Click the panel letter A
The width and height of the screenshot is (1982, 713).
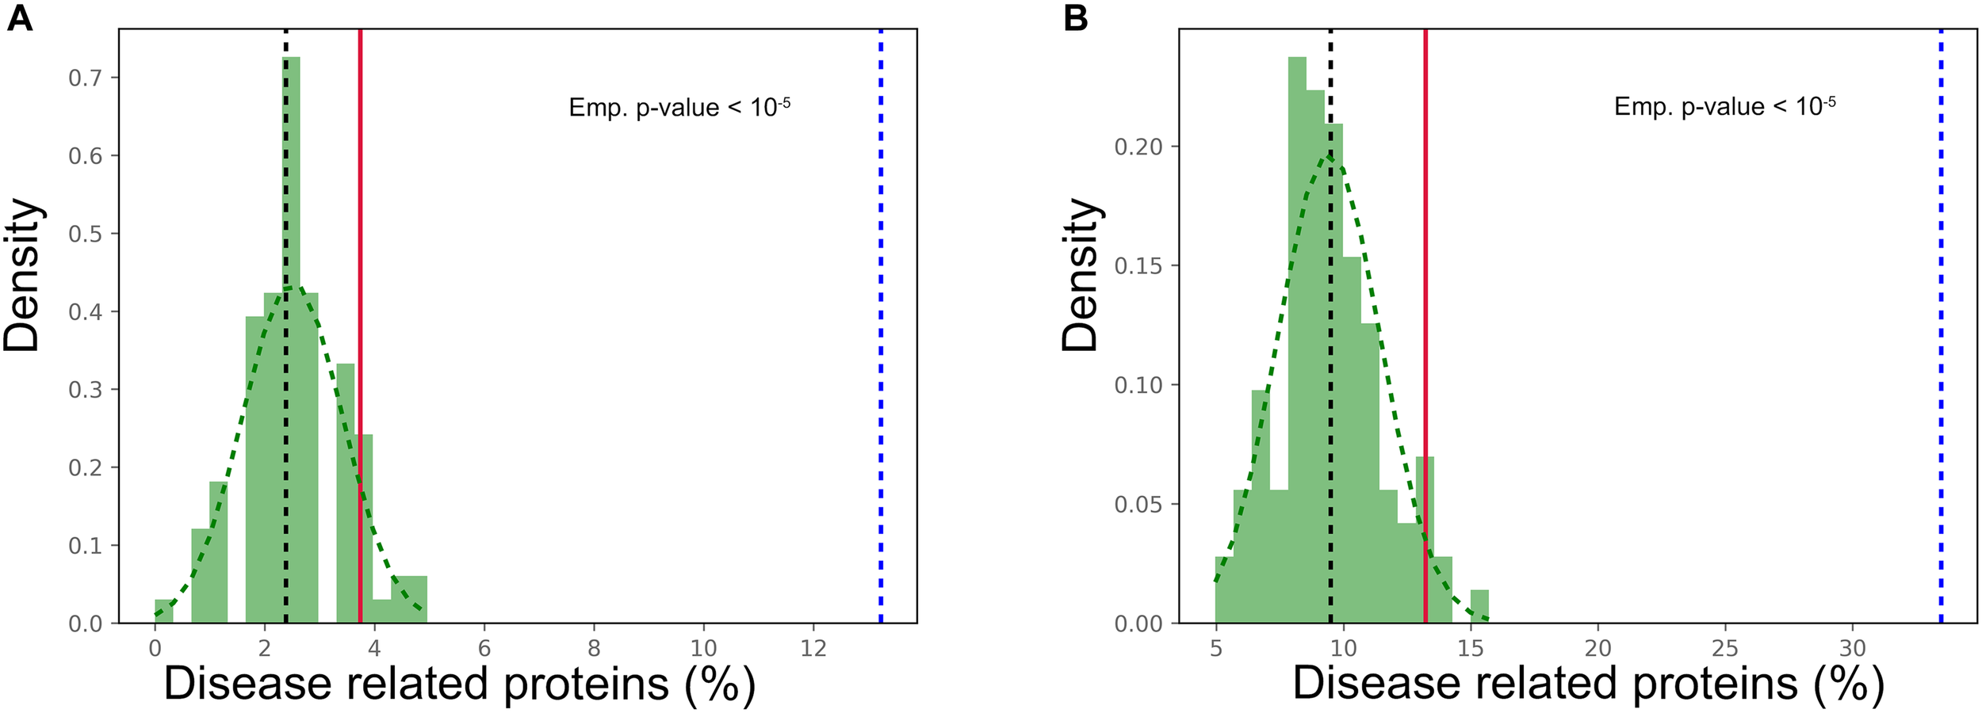point(19,17)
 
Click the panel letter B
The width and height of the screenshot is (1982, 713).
point(1075,17)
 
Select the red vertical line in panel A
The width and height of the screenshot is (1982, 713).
point(360,238)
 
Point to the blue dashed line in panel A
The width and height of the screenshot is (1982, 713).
point(880,317)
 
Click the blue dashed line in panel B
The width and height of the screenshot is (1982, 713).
point(1941,317)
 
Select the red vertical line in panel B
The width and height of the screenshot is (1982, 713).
point(1425,238)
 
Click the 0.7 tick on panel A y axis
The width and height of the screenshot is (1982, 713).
point(86,78)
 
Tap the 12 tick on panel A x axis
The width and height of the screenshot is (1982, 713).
point(813,649)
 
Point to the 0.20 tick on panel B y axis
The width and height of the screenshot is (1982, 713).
point(1140,147)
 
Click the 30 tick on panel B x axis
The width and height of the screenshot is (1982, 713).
point(1853,649)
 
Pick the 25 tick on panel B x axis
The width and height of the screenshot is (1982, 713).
point(1725,649)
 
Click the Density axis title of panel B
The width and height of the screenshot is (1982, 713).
point(1080,275)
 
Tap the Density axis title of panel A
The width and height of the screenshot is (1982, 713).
point(21,275)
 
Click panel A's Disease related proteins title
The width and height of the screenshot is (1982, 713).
point(459,683)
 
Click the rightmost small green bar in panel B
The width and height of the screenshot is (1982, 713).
point(1479,606)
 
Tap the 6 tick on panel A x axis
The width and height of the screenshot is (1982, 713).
point(484,649)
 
